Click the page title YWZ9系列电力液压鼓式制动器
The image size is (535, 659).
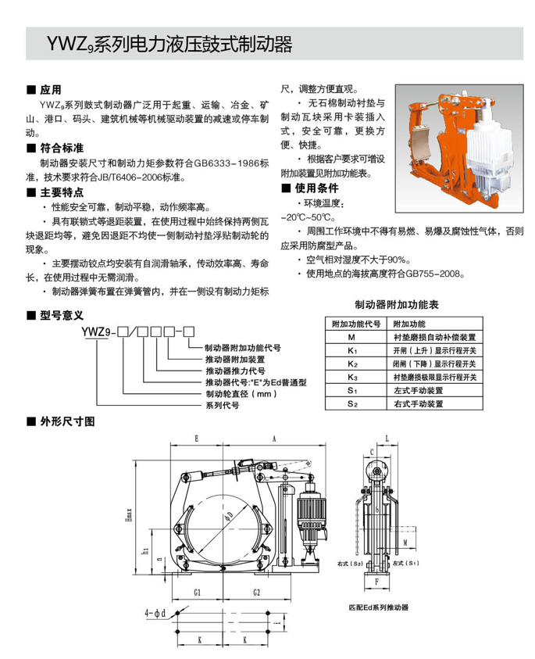click(160, 41)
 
